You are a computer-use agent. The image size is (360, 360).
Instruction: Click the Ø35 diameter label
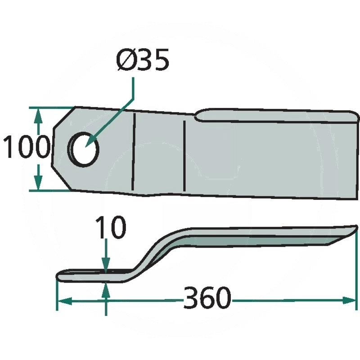pyautogui.click(x=143, y=59)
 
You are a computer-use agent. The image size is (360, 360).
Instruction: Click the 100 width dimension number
pyautogui.click(x=27, y=147)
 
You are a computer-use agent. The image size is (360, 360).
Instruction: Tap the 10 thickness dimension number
pyautogui.click(x=111, y=227)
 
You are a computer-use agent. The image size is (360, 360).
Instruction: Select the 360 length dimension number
pyautogui.click(x=207, y=298)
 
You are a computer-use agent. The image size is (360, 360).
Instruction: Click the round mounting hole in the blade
pyautogui.click(x=83, y=149)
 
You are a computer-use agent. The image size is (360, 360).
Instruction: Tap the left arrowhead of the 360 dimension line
pyautogui.click(x=65, y=301)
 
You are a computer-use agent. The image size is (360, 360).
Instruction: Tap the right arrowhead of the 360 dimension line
pyautogui.click(x=350, y=300)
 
